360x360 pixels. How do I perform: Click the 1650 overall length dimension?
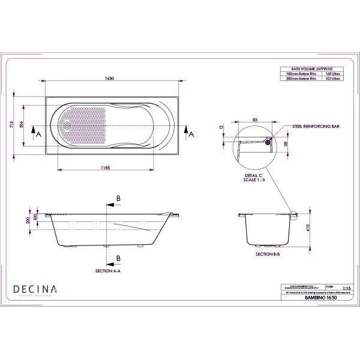click(x=109, y=78)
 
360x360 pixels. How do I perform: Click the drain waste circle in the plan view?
click(x=68, y=126)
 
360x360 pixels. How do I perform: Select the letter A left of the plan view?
click(x=39, y=136)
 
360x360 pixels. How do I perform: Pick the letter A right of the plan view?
click(x=191, y=136)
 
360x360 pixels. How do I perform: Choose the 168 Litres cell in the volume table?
click(x=332, y=74)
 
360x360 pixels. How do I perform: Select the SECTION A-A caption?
click(x=108, y=272)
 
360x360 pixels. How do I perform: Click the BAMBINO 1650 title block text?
click(x=316, y=297)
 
